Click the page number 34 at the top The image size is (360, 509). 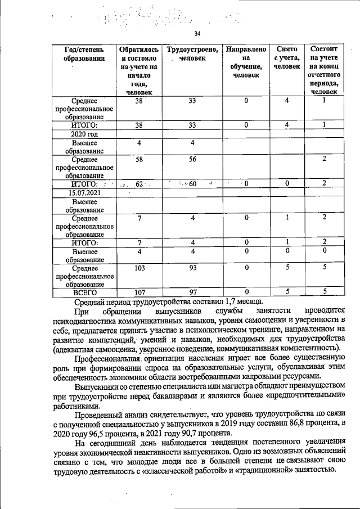pos(197,34)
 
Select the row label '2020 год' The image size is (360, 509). pos(84,134)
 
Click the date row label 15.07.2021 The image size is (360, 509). pos(84,193)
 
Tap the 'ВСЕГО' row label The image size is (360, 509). pos(84,292)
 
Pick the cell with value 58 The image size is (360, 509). pos(139,160)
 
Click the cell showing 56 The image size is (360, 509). pos(192,160)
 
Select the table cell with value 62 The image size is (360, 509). pos(139,183)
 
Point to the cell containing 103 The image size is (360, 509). pos(139,268)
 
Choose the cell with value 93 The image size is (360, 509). pos(192,268)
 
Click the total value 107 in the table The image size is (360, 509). pos(139,292)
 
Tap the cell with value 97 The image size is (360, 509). pos(192,292)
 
